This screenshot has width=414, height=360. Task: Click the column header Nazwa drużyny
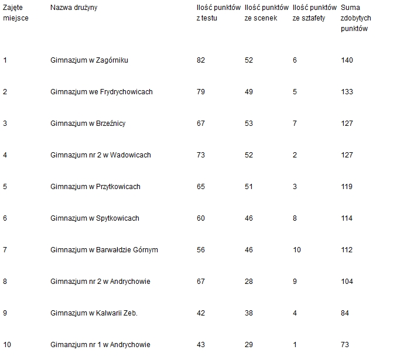click(x=74, y=8)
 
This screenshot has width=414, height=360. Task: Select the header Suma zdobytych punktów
click(x=355, y=18)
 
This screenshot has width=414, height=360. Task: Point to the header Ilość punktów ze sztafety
click(x=314, y=13)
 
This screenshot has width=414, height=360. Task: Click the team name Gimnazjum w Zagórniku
click(x=89, y=60)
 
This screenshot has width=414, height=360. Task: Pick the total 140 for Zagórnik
click(x=347, y=60)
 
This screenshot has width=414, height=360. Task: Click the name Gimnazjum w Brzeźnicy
click(x=88, y=124)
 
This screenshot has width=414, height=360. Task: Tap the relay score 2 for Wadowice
click(x=295, y=155)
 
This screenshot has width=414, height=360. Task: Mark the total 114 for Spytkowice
click(x=347, y=218)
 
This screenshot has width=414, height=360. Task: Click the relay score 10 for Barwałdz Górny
click(x=296, y=250)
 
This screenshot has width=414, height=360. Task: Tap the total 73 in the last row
click(x=345, y=345)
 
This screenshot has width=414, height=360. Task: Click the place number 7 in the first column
click(x=5, y=250)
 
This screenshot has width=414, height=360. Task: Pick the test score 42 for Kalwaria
click(x=201, y=313)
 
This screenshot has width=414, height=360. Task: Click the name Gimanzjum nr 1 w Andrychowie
click(x=100, y=345)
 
